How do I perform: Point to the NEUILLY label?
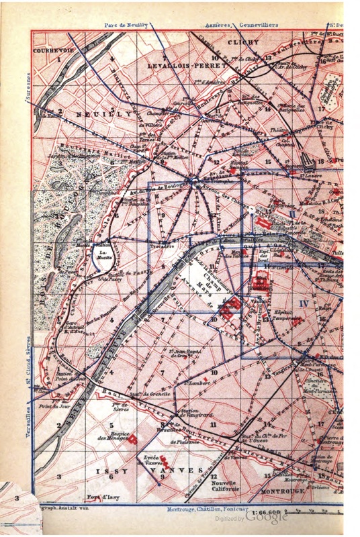(x=101, y=115)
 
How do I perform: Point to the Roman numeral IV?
(x=303, y=304)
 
